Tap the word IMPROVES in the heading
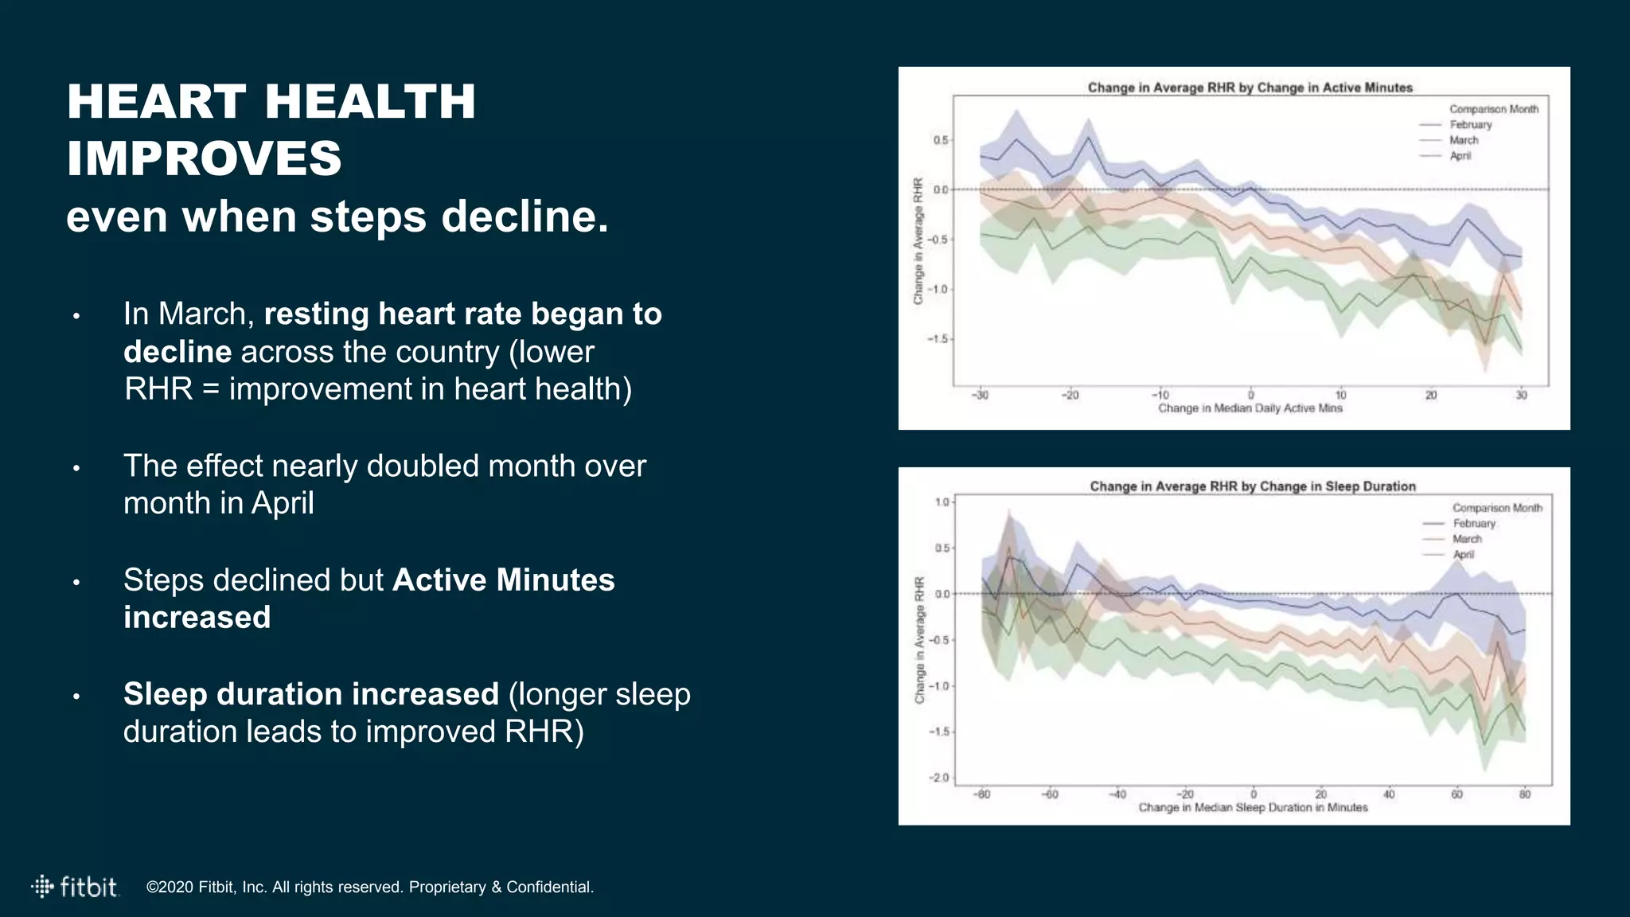coord(205,158)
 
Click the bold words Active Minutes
coord(503,579)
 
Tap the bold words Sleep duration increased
coord(310,694)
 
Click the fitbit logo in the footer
coord(75,887)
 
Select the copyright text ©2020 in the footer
coord(170,887)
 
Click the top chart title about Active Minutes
coord(1250,88)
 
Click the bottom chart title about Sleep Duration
coord(1252,486)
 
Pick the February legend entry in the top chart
coord(1470,125)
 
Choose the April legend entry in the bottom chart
coord(1463,554)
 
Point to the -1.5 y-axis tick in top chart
coord(938,339)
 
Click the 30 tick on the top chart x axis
coord(1521,395)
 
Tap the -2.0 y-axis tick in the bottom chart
coord(939,778)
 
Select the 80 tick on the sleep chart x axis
coord(1524,794)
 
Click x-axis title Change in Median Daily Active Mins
coord(1250,408)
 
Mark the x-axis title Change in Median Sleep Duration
coord(1252,807)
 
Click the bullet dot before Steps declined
coord(76,583)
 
